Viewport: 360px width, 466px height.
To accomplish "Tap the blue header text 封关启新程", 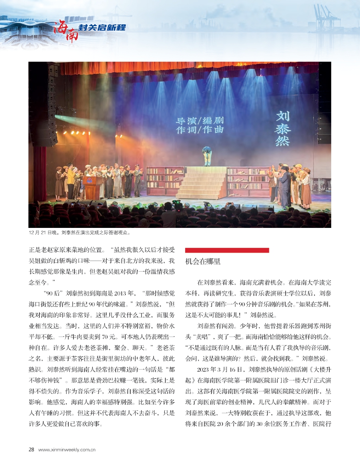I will point(102,28).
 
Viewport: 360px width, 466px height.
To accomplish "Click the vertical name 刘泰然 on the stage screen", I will point(282,128).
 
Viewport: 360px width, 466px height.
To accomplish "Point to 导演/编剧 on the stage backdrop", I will point(199,121).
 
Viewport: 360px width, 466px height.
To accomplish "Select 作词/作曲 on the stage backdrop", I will point(199,130).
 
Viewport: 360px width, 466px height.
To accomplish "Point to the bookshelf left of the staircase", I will point(165,181).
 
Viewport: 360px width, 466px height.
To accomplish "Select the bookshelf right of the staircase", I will point(248,181).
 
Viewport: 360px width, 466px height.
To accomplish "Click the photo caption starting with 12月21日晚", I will point(79,232).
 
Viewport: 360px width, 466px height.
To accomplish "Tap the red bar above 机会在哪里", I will point(227,250).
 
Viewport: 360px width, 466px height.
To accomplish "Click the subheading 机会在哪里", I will point(203,261).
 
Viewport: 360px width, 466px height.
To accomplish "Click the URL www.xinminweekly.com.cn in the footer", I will point(67,450).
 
